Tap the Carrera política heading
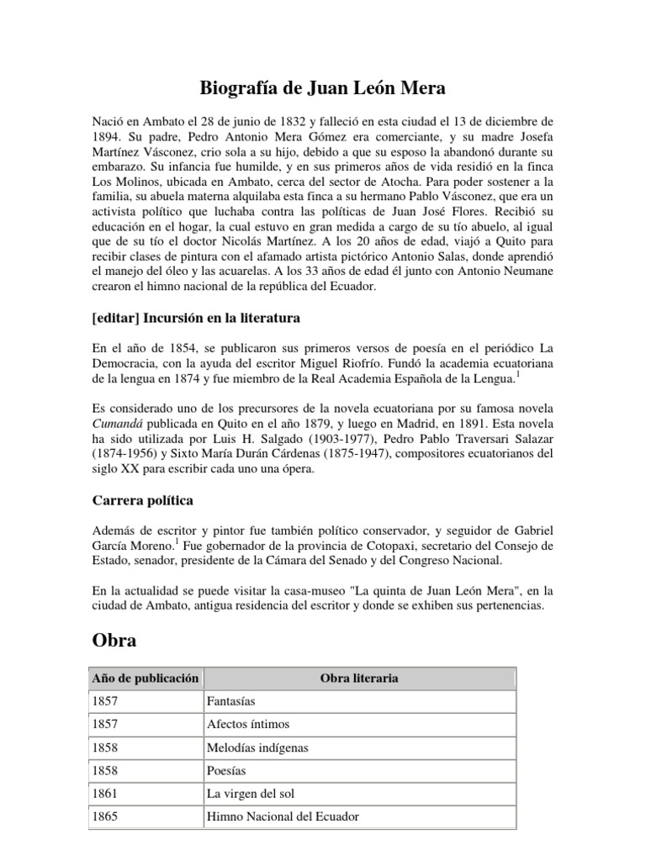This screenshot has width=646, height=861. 142,500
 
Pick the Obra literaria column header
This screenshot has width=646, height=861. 359,677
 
